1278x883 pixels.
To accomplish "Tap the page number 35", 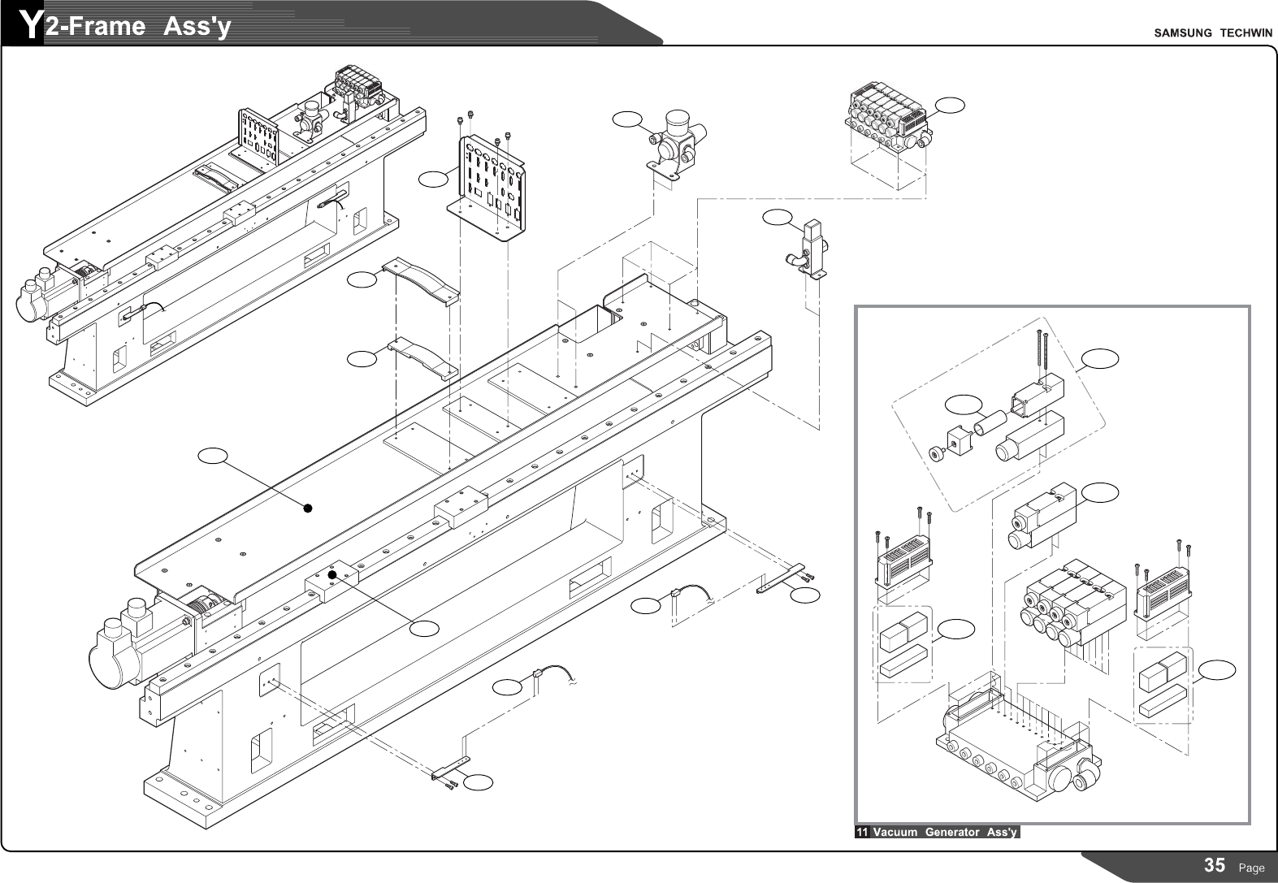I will pos(1215,865).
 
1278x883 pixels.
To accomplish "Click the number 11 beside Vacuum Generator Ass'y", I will pos(862,832).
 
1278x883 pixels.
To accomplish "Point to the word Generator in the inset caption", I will pos(952,832).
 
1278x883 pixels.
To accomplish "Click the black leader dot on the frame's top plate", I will pos(308,509).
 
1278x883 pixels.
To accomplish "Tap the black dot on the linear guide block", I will pos(332,575).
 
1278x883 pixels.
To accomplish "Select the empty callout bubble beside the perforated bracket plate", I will pos(435,176).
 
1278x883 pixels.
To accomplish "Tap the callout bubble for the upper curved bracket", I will pos(362,279).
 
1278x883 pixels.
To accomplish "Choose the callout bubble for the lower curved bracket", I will pos(362,357).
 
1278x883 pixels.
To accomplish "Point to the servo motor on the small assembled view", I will pos(37,299).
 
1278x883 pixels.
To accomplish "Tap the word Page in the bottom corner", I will pos(1251,868).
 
